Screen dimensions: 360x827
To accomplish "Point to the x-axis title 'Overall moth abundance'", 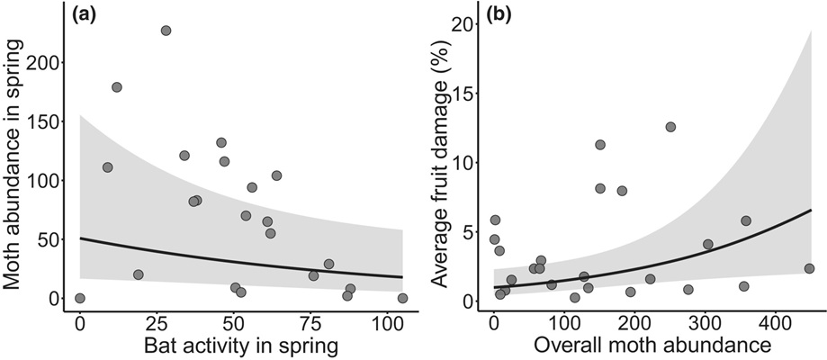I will tap(655, 346).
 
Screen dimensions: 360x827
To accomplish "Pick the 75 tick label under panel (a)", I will tap(310, 321).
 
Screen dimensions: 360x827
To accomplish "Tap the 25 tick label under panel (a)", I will tap(157, 321).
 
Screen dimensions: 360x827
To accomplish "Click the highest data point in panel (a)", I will tap(166, 31).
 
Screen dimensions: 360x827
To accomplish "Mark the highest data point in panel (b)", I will tap(670, 127).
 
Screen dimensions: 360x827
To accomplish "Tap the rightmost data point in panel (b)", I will tap(809, 268).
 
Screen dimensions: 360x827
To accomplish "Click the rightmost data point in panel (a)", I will tap(402, 298).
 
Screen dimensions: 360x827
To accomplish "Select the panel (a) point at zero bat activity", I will tap(80, 298).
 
